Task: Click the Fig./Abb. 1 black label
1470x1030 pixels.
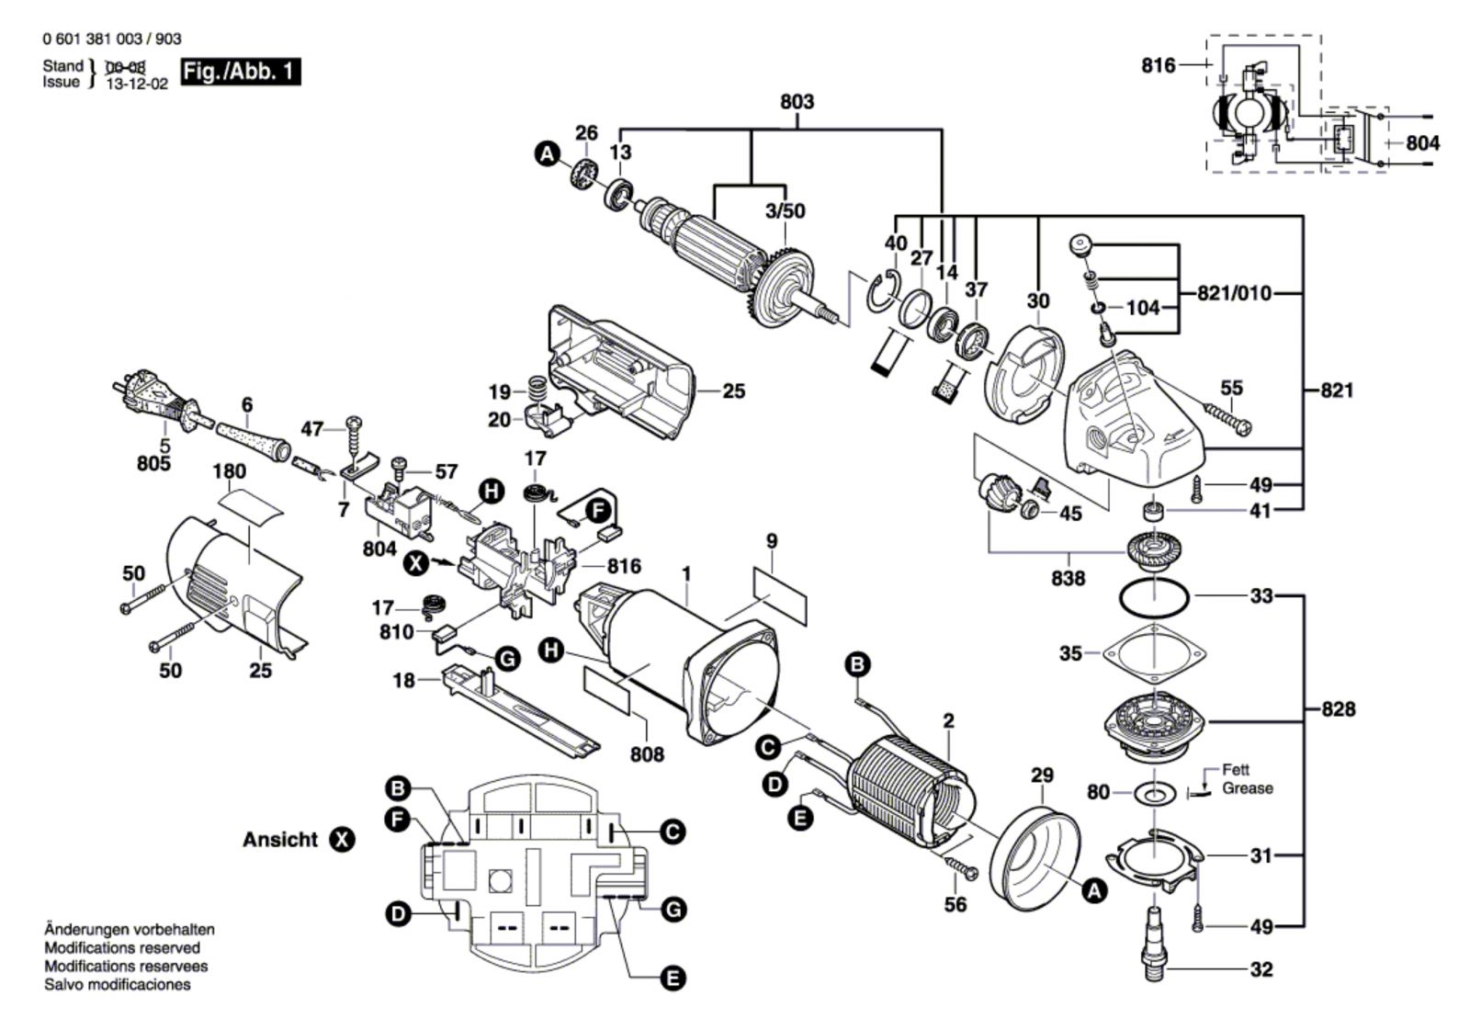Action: (x=241, y=72)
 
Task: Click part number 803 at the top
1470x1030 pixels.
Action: (x=797, y=101)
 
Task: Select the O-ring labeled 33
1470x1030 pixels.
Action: (x=1153, y=597)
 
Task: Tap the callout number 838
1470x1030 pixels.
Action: (x=1068, y=578)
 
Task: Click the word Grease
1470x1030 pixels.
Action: (x=1247, y=788)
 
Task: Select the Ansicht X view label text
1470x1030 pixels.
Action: (x=280, y=840)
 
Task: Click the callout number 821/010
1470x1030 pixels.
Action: (x=1234, y=294)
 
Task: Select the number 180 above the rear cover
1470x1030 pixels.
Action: (x=229, y=471)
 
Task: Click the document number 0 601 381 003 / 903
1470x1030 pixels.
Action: (x=112, y=39)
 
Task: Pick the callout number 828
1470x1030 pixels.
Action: (x=1338, y=709)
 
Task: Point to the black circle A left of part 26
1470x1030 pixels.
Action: (x=548, y=155)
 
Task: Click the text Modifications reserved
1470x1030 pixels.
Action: (x=122, y=948)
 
